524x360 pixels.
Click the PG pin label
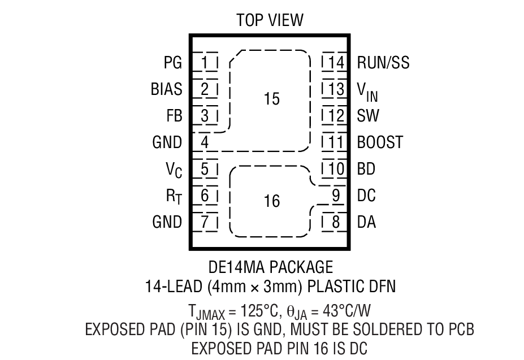coord(172,62)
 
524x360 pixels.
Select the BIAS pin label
coord(166,89)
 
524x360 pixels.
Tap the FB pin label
coord(174,116)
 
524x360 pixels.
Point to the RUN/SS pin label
coord(383,62)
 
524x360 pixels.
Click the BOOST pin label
coord(380,142)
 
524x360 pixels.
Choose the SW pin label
coord(368,116)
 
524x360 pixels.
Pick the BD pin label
coord(366,169)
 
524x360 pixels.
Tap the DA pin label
coord(366,222)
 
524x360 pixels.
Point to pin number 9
coord(336,196)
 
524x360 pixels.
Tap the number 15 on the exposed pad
coord(271,99)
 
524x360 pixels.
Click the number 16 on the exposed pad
coord(271,201)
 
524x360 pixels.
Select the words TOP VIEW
coord(270,21)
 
